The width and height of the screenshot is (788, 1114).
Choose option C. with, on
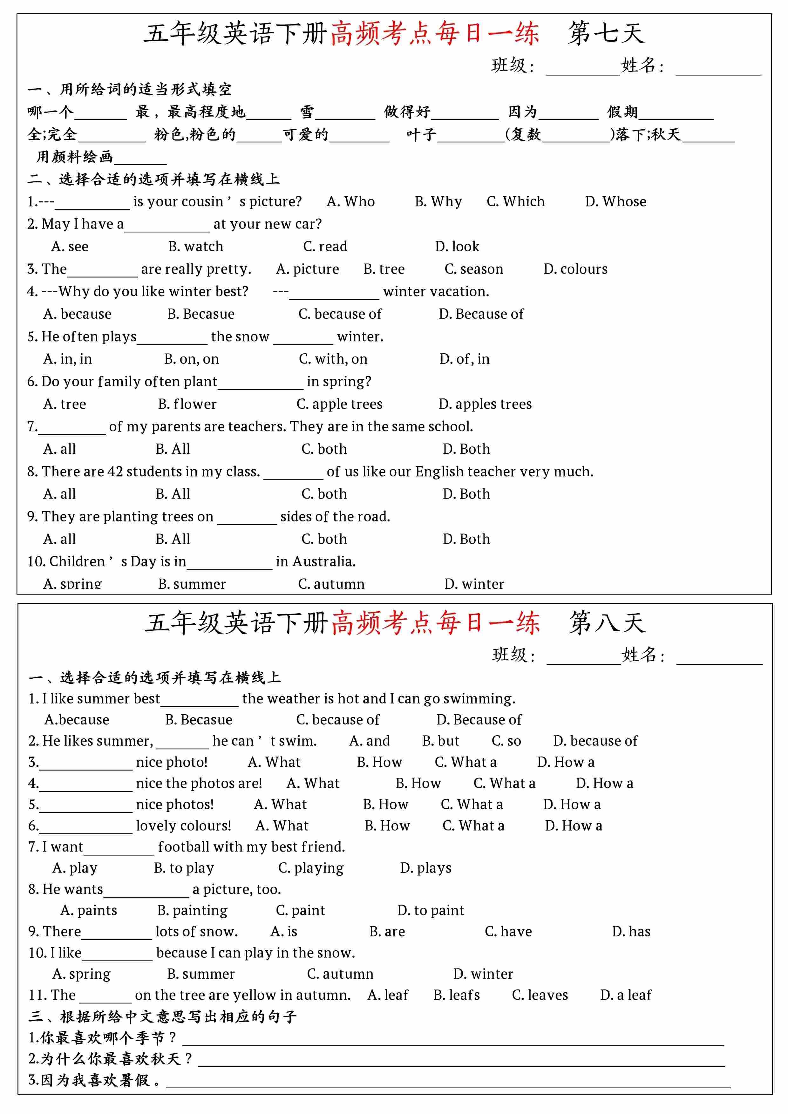click(x=333, y=359)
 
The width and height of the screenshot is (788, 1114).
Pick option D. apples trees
click(x=485, y=404)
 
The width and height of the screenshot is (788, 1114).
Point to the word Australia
click(x=324, y=561)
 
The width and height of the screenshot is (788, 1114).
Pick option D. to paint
click(x=431, y=911)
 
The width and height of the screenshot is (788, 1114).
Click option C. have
click(x=508, y=932)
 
